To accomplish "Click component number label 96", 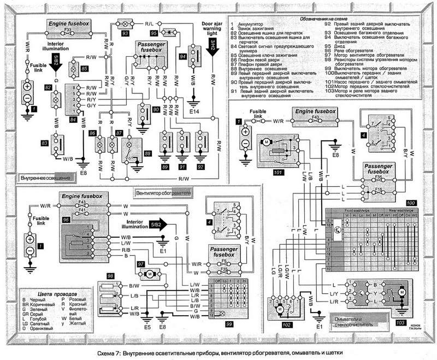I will [x=67, y=220].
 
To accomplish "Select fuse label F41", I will [x=83, y=210].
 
